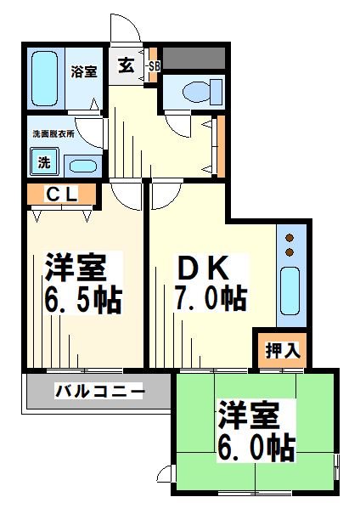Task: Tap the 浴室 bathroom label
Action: [x=82, y=71]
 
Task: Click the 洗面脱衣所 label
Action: [x=54, y=133]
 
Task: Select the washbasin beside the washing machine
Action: [x=82, y=165]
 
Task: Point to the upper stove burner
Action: [x=289, y=239]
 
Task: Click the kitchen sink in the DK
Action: [x=289, y=288]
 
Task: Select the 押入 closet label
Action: [x=278, y=348]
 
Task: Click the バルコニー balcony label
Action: [x=99, y=392]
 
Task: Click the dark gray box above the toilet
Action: [x=194, y=58]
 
